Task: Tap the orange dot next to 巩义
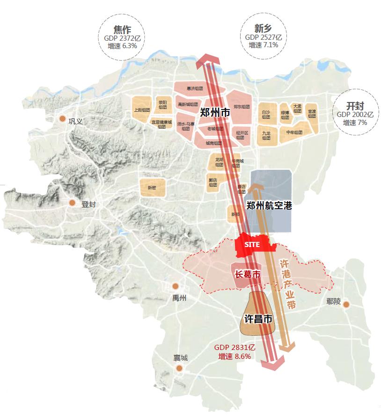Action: (x=62, y=119)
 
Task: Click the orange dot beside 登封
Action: (x=72, y=203)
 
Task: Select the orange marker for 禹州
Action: (x=176, y=286)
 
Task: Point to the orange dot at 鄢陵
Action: (x=346, y=305)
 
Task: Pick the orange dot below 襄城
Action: (x=179, y=369)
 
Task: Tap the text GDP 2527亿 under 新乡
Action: (x=263, y=37)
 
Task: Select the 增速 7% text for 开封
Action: (x=355, y=122)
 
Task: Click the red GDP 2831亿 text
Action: (x=234, y=348)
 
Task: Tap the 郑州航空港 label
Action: (x=269, y=205)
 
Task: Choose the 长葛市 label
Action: (x=247, y=274)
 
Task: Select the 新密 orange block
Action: (x=152, y=187)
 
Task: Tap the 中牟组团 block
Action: (x=294, y=132)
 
